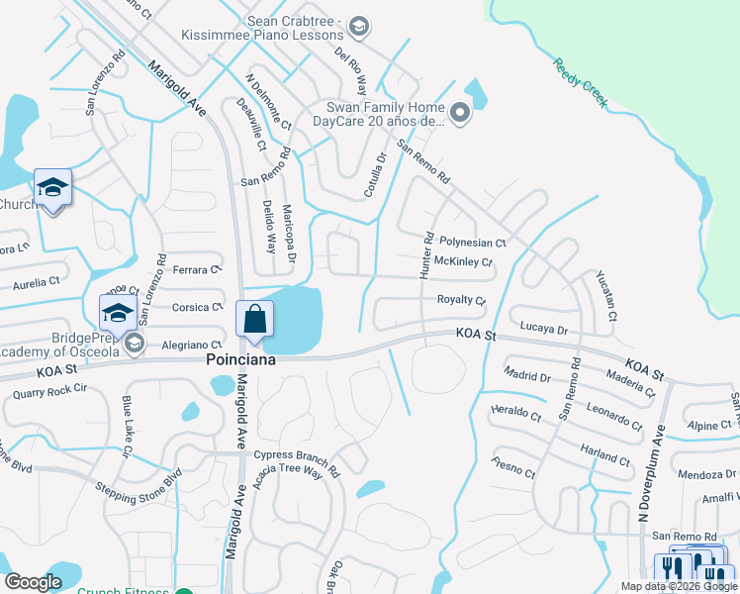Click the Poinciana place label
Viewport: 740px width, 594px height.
coord(240,361)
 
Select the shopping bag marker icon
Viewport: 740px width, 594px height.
coord(255,319)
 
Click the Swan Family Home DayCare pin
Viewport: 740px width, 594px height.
coord(460,114)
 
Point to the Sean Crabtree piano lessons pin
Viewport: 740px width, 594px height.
coord(359,27)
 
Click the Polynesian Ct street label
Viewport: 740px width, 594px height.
coord(473,242)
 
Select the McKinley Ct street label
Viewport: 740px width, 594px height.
coord(463,262)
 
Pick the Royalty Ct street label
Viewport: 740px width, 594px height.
coord(461,300)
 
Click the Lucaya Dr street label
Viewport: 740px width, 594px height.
coord(542,329)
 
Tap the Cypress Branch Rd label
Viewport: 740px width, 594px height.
coord(296,462)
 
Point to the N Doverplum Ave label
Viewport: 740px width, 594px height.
coord(650,473)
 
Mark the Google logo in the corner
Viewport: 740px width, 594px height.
coord(33,582)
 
